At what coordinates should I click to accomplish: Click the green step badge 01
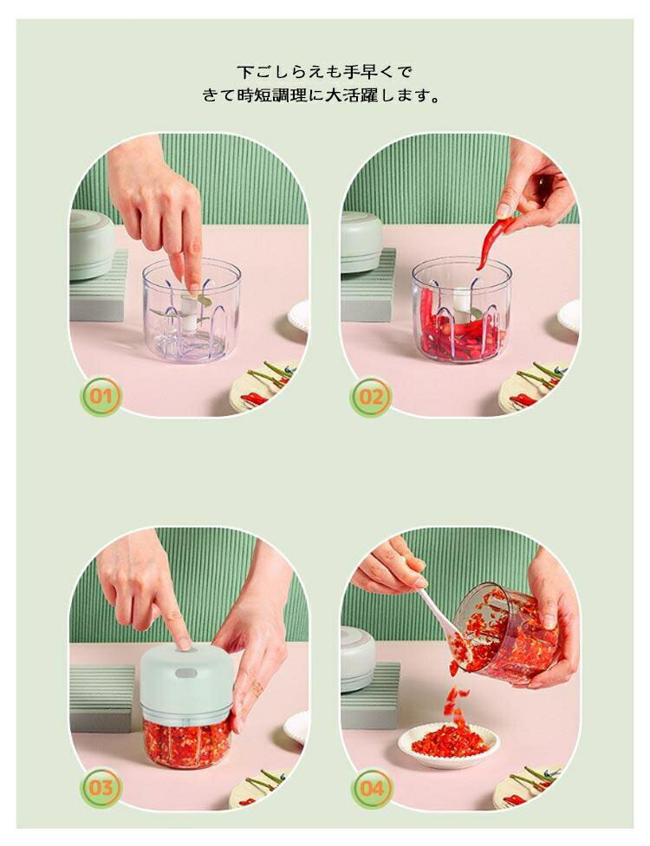(101, 396)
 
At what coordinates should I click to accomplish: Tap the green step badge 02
(371, 397)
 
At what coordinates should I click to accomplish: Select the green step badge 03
(101, 787)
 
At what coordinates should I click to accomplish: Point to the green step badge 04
(372, 788)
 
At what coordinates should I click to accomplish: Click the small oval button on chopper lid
(186, 673)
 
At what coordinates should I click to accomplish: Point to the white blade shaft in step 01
(189, 311)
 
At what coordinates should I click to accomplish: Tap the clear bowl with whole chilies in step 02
(462, 309)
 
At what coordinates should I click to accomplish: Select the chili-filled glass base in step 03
(186, 742)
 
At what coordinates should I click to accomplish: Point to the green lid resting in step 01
(91, 244)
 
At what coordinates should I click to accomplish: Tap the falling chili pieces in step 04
(454, 701)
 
